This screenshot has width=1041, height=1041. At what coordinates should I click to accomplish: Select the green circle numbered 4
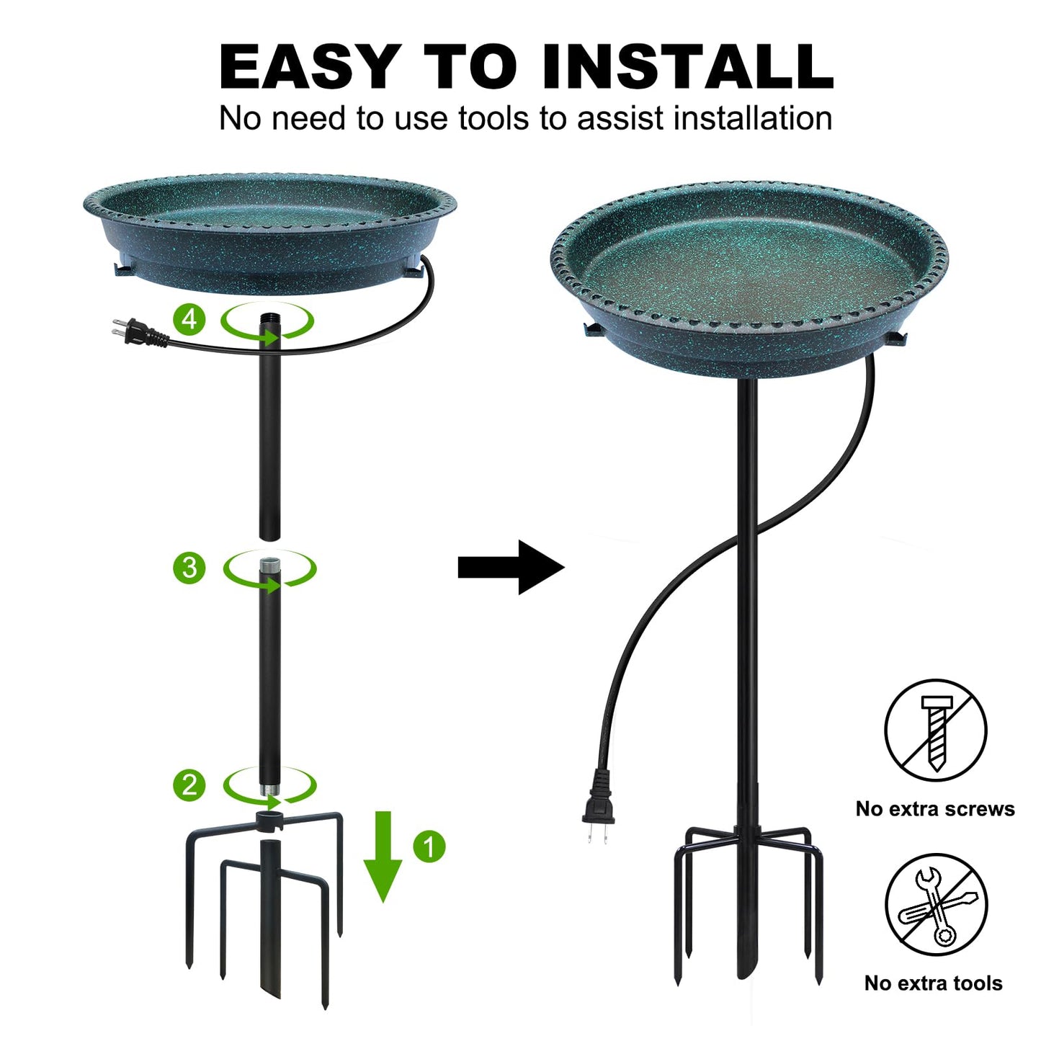[x=189, y=318]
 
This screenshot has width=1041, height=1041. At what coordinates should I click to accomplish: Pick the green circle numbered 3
[x=189, y=568]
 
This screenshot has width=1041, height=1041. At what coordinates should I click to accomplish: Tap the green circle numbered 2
[x=189, y=785]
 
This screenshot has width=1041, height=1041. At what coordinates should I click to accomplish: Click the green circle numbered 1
[x=429, y=846]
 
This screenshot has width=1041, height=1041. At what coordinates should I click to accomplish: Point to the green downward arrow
[x=383, y=857]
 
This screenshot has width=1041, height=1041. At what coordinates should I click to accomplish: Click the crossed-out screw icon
[x=935, y=730]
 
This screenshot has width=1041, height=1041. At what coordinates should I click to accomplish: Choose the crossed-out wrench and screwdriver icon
[x=935, y=905]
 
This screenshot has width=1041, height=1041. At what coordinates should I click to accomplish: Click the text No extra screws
[x=934, y=809]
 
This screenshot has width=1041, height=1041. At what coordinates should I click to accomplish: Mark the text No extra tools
[x=933, y=983]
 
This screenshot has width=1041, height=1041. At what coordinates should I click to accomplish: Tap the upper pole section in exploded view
[x=269, y=432]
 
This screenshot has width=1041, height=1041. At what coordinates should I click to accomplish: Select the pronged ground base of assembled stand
[x=747, y=901]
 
